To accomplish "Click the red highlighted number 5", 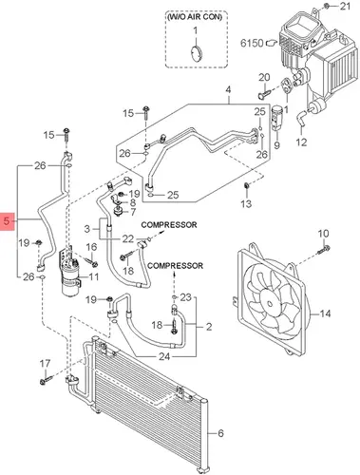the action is pyautogui.click(x=8, y=220).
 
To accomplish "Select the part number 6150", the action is pyautogui.click(x=252, y=43).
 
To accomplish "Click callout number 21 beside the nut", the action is pyautogui.click(x=345, y=6).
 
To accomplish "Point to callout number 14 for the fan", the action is pyautogui.click(x=325, y=313).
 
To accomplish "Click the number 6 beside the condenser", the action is pyautogui.click(x=220, y=433).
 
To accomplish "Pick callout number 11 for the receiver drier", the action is pyautogui.click(x=93, y=277).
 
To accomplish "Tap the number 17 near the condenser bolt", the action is pyautogui.click(x=45, y=364).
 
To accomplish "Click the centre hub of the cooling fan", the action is pyautogui.click(x=270, y=303).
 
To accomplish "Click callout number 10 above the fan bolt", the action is pyautogui.click(x=323, y=234).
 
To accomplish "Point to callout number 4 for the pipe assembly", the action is pyautogui.click(x=228, y=89).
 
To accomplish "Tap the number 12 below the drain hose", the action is pyautogui.click(x=301, y=142).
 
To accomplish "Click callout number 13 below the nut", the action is pyautogui.click(x=246, y=203).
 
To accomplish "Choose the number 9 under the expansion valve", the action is pyautogui.click(x=277, y=145).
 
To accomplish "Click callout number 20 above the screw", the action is pyautogui.click(x=264, y=77).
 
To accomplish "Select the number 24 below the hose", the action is pyautogui.click(x=164, y=357).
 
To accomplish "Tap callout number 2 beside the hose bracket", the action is pyautogui.click(x=209, y=327).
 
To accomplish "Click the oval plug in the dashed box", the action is pyautogui.click(x=197, y=54).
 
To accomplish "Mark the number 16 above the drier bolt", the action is pyautogui.click(x=91, y=247).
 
